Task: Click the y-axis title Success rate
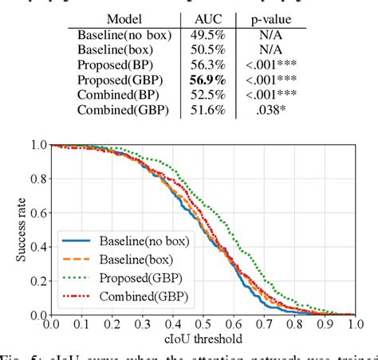point(10,230)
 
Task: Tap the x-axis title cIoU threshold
point(203,338)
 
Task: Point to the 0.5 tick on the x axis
point(203,324)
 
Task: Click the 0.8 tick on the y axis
point(35,180)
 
